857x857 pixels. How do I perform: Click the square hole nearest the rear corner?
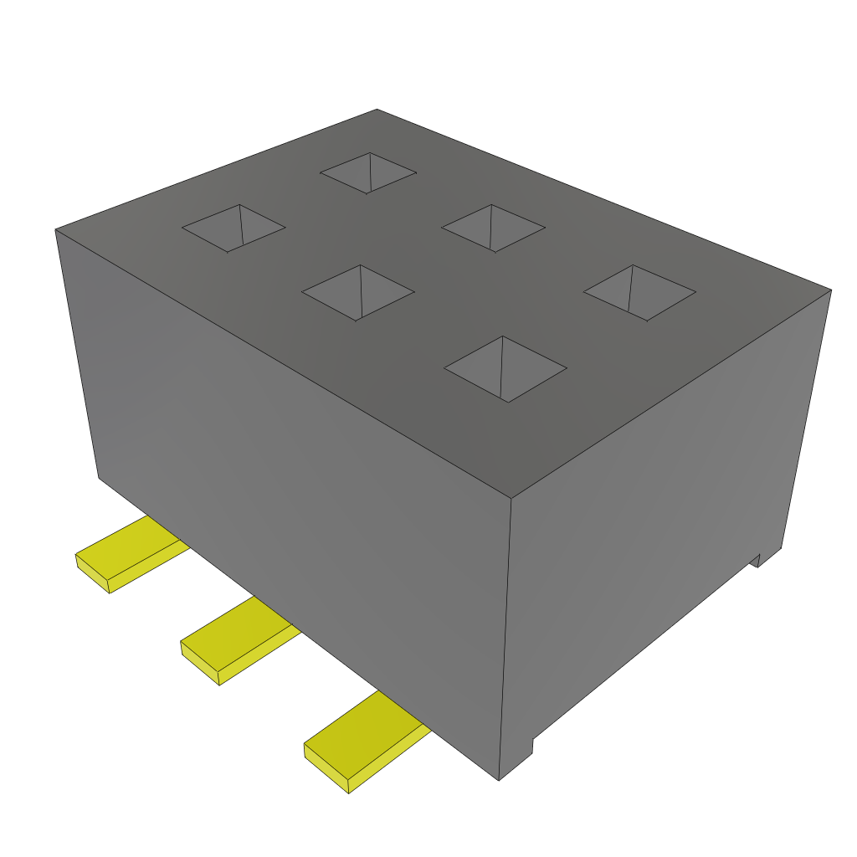(x=368, y=173)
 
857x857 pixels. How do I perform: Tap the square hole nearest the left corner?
(x=233, y=228)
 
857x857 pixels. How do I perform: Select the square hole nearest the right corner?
(x=639, y=292)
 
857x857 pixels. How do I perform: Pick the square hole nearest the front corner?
(x=505, y=368)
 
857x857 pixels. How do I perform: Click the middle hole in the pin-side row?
(x=358, y=292)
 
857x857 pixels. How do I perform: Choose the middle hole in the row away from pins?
(x=493, y=228)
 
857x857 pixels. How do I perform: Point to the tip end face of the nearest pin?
(x=326, y=767)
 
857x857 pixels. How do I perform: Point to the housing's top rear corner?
(x=377, y=110)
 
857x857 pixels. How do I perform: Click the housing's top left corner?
(x=56, y=229)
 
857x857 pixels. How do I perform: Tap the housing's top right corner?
(x=830, y=290)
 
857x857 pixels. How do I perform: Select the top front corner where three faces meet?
(x=511, y=499)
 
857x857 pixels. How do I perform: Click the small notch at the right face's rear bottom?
(x=755, y=559)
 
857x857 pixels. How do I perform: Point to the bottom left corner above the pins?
(x=99, y=478)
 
